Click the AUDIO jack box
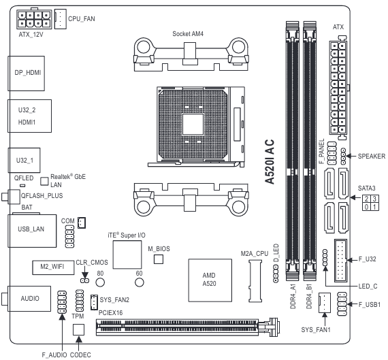click(x=29, y=298)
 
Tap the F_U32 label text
click(x=368, y=259)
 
